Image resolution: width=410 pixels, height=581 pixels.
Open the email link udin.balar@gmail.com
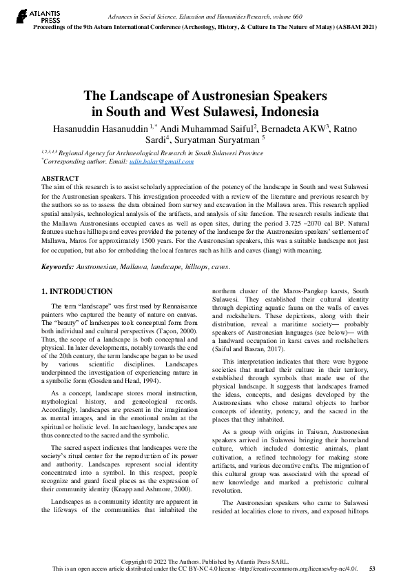166,161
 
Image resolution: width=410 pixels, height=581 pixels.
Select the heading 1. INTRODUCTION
77,292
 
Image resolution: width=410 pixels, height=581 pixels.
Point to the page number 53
372,569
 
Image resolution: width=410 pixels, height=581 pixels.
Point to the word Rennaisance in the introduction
177,305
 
